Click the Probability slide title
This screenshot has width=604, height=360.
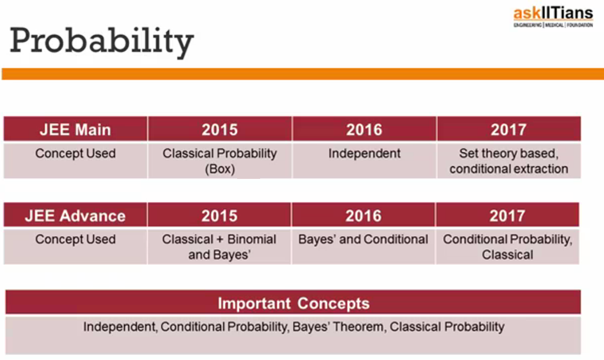101,42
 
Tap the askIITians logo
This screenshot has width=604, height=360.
553,17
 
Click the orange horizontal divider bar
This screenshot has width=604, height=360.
303,74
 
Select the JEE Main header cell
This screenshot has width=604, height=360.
75,129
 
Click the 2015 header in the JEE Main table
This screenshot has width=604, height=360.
219,129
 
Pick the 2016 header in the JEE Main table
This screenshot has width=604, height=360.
364,129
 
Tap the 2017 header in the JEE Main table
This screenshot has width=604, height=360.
508,129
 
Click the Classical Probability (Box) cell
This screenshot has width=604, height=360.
219,161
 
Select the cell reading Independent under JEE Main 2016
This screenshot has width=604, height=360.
364,161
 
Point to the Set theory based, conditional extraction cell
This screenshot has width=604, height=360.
508,161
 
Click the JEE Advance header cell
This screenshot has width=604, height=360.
75,215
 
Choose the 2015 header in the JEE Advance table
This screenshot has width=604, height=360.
219,215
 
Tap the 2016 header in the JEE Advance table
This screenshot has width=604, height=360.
363,215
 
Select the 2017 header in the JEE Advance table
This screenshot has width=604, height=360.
507,215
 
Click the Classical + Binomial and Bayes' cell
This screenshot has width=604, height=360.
219,247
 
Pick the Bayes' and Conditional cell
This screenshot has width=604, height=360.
363,247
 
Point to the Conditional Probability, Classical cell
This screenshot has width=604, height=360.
507,247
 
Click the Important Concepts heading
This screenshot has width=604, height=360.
294,303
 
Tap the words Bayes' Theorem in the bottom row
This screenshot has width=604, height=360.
338,327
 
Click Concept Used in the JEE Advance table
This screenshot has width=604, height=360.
75,240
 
